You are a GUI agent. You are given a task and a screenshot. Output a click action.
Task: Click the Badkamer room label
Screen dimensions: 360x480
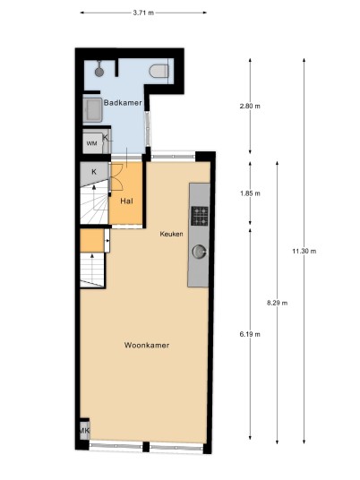tap(123, 103)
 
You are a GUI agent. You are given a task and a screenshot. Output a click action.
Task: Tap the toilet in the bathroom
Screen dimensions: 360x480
tap(159, 72)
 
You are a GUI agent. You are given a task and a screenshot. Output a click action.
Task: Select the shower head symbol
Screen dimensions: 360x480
tap(99, 69)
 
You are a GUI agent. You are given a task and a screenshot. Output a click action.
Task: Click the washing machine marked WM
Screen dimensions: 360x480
tap(93, 143)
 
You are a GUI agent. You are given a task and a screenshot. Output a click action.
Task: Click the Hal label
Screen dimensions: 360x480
tap(126, 201)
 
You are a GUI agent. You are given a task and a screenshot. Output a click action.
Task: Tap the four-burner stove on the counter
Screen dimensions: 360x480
tap(200, 216)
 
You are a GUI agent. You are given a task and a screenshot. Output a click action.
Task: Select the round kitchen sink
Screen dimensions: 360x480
tap(200, 252)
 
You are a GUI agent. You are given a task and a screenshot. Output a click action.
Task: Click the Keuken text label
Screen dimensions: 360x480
tap(171, 234)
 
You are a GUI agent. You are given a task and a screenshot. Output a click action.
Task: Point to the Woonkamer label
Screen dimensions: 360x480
tap(147, 346)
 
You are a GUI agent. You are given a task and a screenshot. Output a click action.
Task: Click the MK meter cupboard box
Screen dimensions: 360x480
tap(84, 431)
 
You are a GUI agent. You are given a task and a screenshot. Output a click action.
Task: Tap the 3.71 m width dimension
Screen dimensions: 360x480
tap(143, 13)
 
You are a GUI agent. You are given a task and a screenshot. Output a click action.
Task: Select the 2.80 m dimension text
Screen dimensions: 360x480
tap(250, 107)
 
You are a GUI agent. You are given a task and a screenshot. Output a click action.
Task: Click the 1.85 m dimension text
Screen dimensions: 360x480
tap(250, 193)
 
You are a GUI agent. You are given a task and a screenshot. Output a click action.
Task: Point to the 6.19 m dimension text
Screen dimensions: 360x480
tap(250, 334)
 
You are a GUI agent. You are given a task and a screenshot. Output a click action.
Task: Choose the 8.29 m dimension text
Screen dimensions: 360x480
tap(277, 303)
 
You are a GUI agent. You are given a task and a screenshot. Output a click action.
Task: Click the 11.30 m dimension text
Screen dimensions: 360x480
tap(304, 252)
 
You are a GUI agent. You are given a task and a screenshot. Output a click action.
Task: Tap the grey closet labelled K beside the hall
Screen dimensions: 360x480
tap(94, 174)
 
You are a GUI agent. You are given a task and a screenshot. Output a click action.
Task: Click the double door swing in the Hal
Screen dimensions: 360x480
tap(116, 178)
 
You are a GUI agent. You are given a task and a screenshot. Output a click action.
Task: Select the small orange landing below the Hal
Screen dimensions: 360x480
tap(92, 241)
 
